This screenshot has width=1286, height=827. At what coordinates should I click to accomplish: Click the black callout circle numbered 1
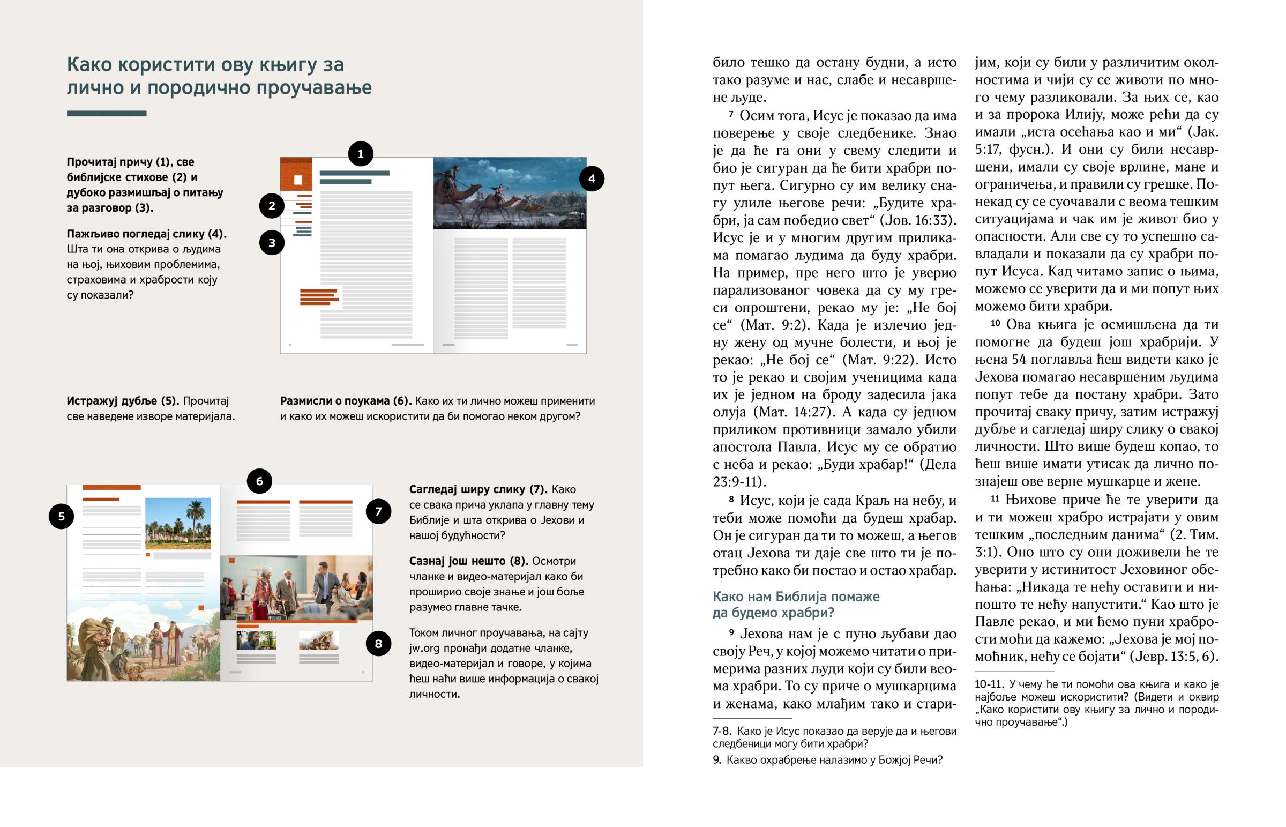coord(361,154)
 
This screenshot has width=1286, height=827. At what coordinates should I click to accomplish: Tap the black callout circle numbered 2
coord(272,206)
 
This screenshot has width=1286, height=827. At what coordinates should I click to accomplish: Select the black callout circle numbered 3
coord(272,243)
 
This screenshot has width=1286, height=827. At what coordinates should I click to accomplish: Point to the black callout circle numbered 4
coord(592,179)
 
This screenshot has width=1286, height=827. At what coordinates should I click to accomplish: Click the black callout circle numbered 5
coord(61,516)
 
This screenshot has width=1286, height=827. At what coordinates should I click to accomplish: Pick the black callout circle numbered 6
coord(259,481)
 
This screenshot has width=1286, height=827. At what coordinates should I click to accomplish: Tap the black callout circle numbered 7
coord(378,511)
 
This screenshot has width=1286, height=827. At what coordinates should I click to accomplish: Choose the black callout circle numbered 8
coord(378,643)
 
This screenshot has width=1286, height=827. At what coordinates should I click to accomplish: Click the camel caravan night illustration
coord(510,193)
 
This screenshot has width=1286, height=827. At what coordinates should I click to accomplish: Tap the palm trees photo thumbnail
coord(178,523)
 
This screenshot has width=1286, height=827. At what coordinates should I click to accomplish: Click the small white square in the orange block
coord(298,180)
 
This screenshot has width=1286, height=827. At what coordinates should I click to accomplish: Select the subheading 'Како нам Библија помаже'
coord(795,597)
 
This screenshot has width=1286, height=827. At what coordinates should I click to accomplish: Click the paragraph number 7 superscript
coord(731,114)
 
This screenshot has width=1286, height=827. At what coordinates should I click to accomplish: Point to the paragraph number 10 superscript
coord(995,323)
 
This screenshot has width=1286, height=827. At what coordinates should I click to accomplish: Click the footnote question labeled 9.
coord(827,760)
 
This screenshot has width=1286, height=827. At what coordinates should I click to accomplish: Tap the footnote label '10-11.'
coord(989,684)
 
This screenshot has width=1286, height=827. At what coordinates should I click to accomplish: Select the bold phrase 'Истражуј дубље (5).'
coord(123,401)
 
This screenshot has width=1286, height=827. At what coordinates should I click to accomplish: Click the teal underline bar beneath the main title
coord(106,113)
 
